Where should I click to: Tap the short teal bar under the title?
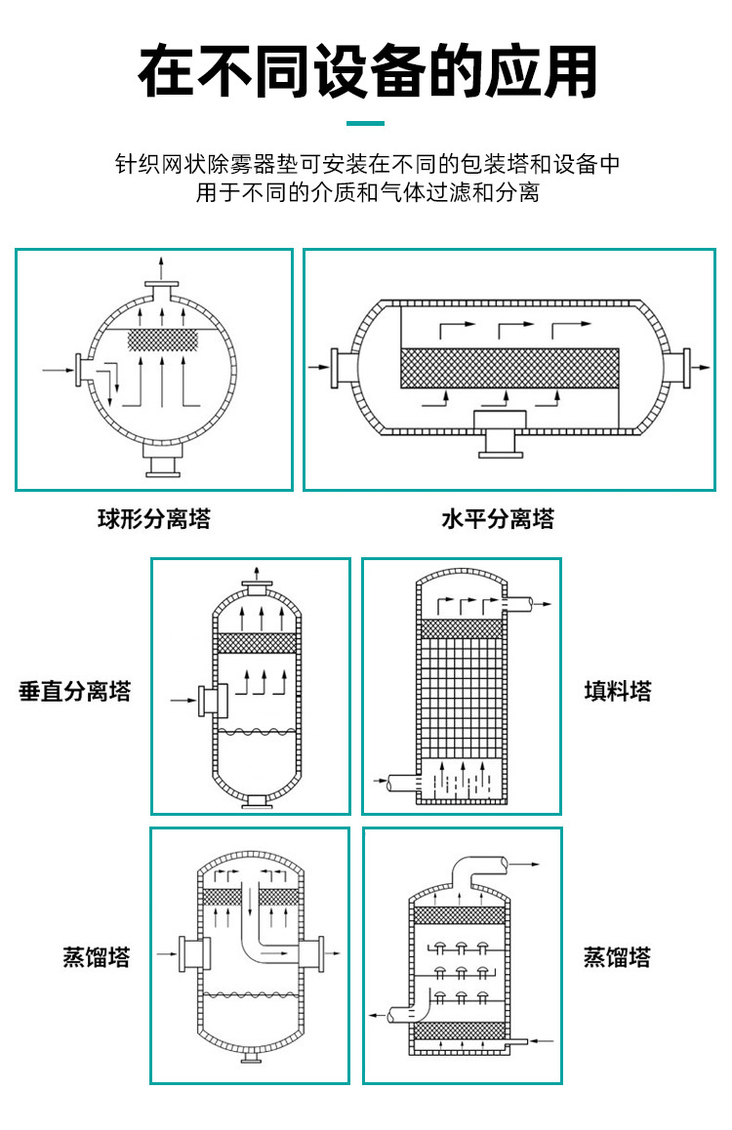[367, 124]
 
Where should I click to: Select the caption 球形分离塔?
[153, 519]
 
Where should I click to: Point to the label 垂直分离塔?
[75, 692]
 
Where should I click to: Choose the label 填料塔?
[617, 692]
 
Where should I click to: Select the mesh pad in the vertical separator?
[253, 643]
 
